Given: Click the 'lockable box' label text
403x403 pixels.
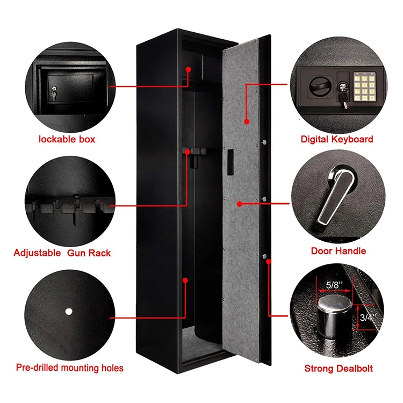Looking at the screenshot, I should click(x=67, y=139).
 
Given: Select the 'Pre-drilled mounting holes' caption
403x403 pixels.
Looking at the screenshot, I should click(x=69, y=368).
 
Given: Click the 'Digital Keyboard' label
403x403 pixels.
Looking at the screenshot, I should click(x=336, y=139).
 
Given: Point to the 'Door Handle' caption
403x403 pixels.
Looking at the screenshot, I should click(x=338, y=251).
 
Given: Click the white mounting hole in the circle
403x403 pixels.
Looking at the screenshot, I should click(x=68, y=311).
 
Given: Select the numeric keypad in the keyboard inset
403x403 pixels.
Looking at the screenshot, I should click(x=364, y=86).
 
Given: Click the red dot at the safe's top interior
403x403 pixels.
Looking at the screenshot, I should click(x=188, y=69).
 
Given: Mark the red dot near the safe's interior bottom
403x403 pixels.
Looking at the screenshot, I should click(x=185, y=279).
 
